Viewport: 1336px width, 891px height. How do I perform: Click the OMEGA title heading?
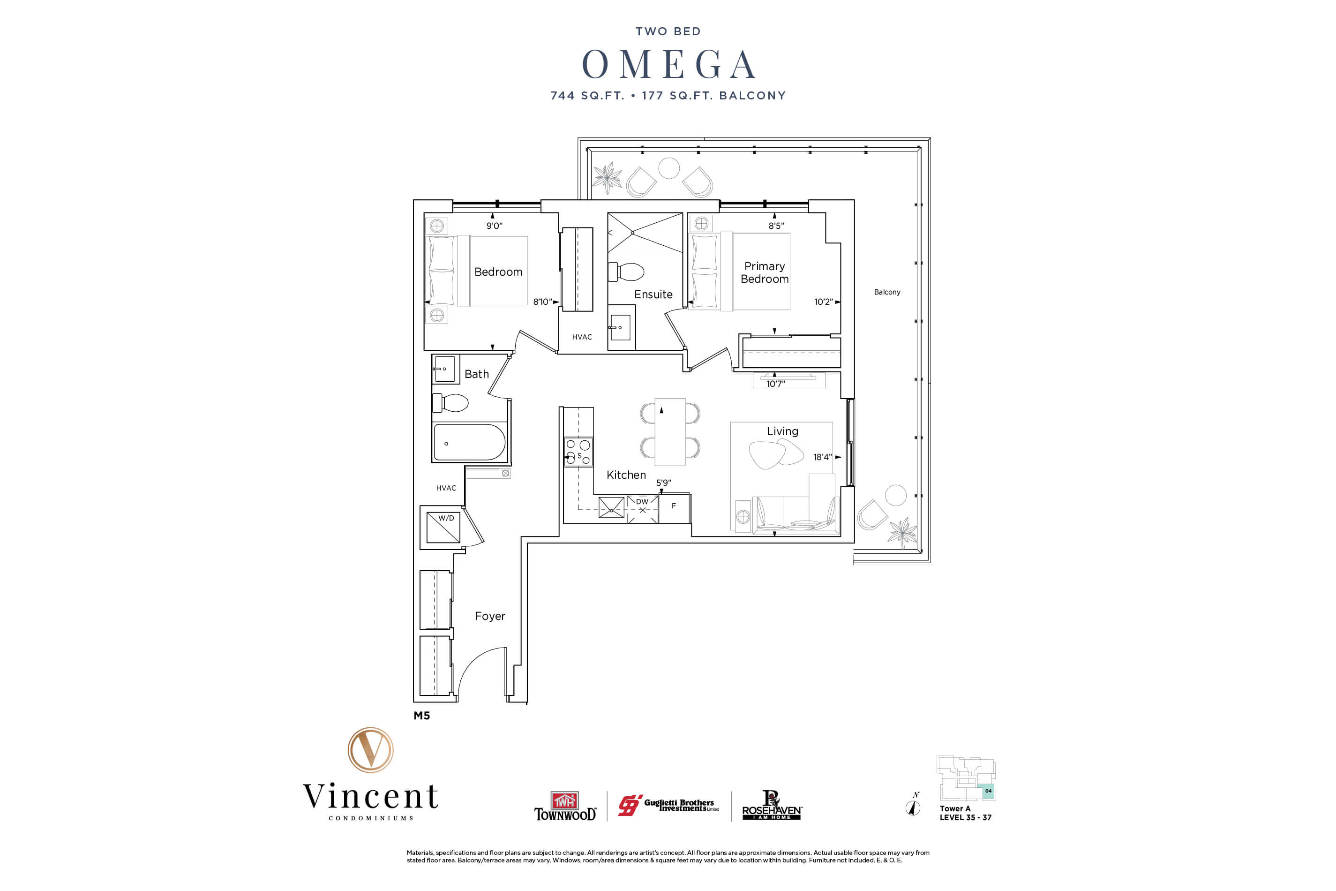click(668, 64)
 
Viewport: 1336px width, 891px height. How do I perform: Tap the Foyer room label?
click(490, 616)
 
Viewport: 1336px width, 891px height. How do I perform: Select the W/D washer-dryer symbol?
click(443, 527)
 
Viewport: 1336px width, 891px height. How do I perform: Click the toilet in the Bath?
click(451, 403)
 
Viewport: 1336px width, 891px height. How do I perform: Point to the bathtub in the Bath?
click(469, 442)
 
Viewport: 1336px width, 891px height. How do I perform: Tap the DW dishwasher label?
click(642, 502)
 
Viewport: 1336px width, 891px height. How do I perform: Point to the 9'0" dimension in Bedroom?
click(494, 226)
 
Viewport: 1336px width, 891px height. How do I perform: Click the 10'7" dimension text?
click(775, 384)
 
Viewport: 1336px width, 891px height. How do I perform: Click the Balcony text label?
click(887, 292)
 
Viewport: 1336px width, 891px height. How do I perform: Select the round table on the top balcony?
click(668, 168)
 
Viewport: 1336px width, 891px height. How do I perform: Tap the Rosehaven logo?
click(772, 806)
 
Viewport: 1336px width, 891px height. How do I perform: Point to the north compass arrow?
click(913, 807)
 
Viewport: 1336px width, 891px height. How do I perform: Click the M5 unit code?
click(421, 716)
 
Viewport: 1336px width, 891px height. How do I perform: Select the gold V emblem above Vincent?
click(370, 749)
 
